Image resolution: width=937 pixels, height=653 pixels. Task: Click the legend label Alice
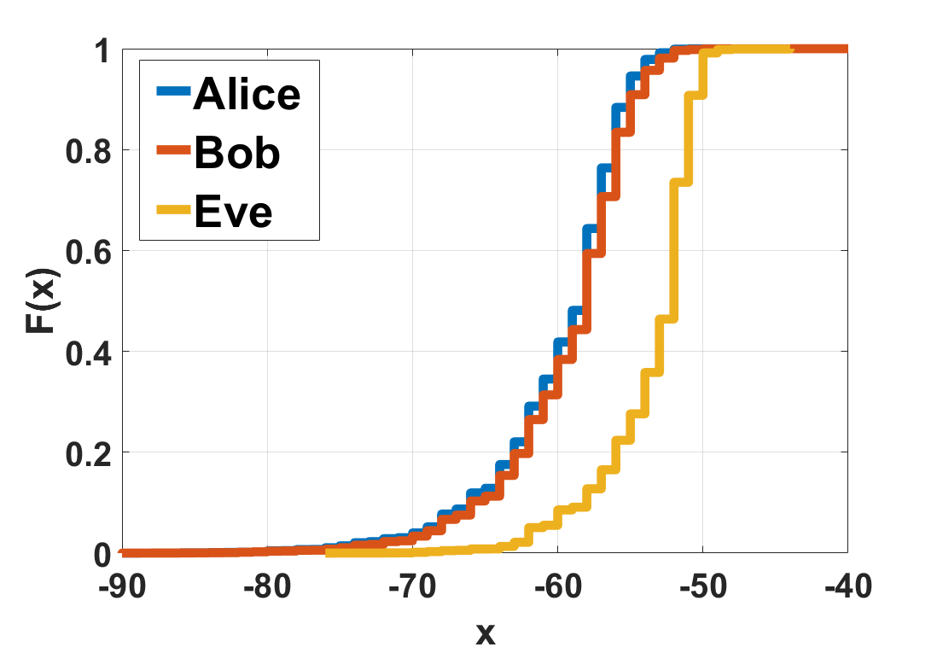[247, 94]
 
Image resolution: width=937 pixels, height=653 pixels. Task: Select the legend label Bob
[236, 153]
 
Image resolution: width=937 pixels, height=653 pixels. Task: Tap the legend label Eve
[233, 211]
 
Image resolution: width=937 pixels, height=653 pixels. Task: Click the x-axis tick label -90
[121, 588]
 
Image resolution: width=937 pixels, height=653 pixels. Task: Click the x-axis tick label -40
[847, 588]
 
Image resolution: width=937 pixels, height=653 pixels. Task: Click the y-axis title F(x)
[39, 300]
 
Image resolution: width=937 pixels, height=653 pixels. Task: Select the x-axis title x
[484, 633]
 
